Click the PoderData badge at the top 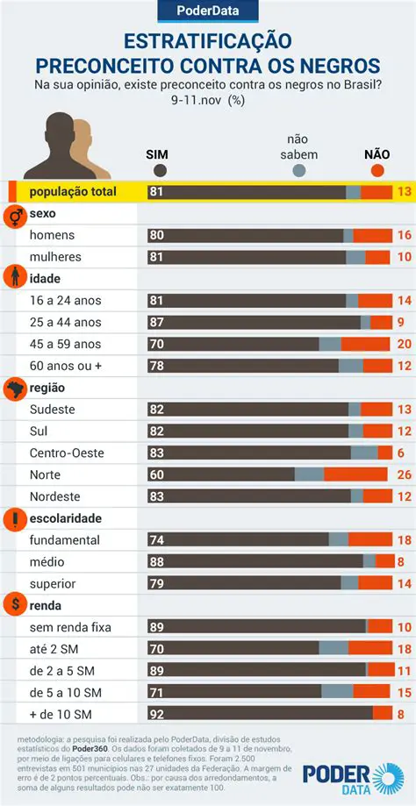[208, 11]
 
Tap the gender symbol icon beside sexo [15, 214]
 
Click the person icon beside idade [15, 278]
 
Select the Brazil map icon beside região [15, 388]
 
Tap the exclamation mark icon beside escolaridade [15, 518]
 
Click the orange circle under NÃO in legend [378, 171]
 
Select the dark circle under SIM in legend [159, 171]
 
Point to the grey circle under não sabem [299, 171]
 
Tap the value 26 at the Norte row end [405, 474]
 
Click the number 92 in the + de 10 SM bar [157, 713]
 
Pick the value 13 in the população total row [404, 192]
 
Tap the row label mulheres [55, 257]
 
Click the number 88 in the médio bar [157, 561]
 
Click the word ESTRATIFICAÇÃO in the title [208, 42]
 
